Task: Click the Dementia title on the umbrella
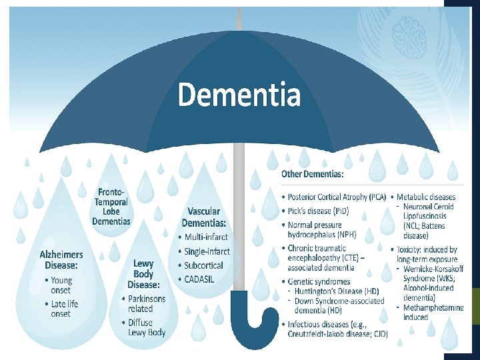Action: coord(239,94)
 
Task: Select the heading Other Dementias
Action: coord(312,175)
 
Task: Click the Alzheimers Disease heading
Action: coord(61,259)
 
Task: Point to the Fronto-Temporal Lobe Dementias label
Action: coord(111,207)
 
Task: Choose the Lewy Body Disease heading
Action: coord(143,274)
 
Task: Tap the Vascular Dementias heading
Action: coord(203,217)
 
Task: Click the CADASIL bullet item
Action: coord(199,279)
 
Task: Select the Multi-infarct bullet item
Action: coord(206,237)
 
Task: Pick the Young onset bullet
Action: coord(62,285)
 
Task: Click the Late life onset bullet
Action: coord(65,309)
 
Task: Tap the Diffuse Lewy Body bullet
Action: coord(147,327)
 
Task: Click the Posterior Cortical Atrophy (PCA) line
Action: coord(337,197)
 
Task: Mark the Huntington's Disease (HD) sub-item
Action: coord(331,291)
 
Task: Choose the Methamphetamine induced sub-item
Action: coord(429,312)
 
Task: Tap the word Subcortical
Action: coord(203,265)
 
